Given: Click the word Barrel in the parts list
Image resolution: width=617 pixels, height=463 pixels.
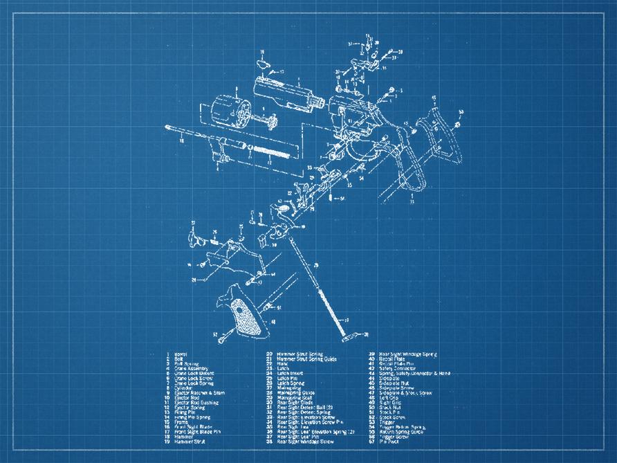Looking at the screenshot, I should [181, 354].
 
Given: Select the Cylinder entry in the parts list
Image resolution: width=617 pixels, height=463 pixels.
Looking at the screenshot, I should [185, 388].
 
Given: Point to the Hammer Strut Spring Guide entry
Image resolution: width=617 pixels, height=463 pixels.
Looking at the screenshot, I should [306, 359].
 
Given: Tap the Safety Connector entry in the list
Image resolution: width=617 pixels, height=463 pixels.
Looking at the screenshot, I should [398, 369].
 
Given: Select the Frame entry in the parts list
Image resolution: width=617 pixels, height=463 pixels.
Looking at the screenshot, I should [181, 422].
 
